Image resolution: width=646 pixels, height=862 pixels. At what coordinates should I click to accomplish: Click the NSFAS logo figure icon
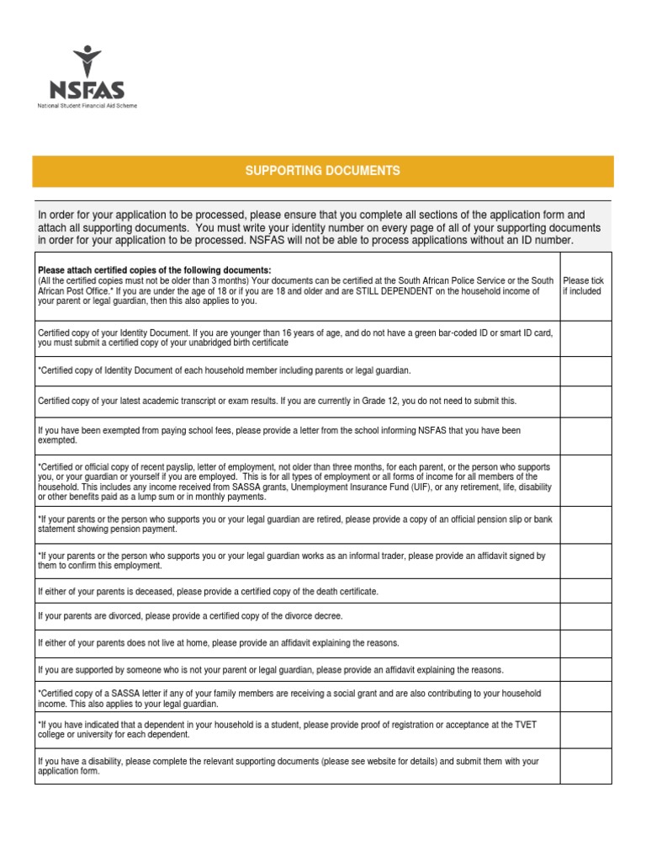pos(87,61)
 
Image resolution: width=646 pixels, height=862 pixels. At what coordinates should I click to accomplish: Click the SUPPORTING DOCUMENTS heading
pos(322,171)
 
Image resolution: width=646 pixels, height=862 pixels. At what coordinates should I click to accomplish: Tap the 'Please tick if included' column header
pos(583,286)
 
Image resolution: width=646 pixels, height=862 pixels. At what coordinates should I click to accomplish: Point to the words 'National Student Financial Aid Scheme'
pos(87,106)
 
